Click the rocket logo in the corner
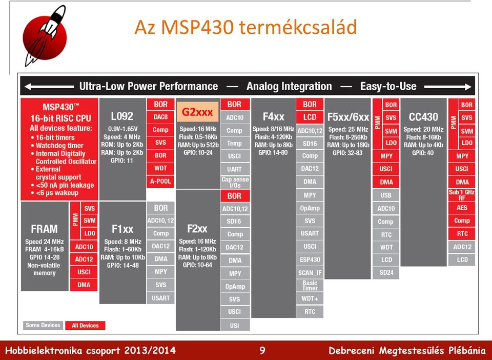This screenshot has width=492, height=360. [x=45, y=36]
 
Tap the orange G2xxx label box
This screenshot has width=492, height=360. [x=197, y=112]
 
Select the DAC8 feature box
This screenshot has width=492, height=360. [x=160, y=117]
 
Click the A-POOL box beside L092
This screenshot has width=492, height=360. [x=160, y=182]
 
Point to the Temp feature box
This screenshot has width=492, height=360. [x=235, y=144]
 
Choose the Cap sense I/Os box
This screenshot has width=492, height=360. [x=235, y=183]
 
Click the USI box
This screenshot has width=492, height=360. [x=235, y=325]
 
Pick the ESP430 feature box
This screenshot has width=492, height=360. [x=310, y=260]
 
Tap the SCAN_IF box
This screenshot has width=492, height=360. [x=310, y=273]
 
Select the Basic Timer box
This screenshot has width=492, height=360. [x=310, y=286]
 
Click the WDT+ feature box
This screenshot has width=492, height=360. [x=310, y=298]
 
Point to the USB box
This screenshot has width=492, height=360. [x=386, y=195]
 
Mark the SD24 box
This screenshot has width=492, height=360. [x=386, y=273]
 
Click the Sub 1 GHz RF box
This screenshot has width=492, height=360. [x=462, y=195]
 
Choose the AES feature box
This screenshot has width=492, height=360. [x=462, y=208]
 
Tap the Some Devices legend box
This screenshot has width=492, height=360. [x=43, y=325]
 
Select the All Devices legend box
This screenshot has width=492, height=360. [x=85, y=326]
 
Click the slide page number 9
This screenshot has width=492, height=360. [x=262, y=350]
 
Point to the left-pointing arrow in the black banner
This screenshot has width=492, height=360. [x=49, y=87]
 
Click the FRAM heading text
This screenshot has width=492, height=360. [x=44, y=229]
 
